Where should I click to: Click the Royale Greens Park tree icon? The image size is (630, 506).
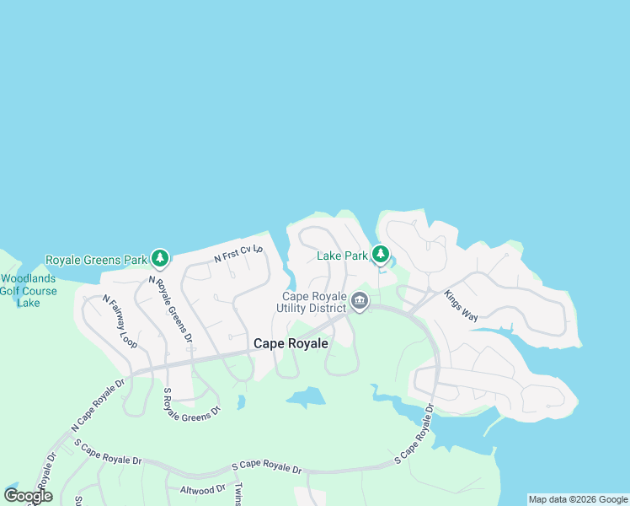coord(160,259)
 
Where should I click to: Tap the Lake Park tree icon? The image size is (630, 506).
coord(381,254)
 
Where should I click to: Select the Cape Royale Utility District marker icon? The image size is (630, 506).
coord(360,301)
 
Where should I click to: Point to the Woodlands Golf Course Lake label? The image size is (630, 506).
coord(29,291)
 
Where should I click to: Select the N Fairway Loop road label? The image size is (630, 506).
coord(120,321)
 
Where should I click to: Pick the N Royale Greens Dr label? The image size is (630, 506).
coord(170,308)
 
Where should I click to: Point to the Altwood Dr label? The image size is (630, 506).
coord(203,489)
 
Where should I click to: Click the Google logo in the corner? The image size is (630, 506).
coord(29,496)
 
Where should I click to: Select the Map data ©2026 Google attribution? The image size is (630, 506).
coord(578,500)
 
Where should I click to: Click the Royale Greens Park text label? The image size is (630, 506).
coord(96,260)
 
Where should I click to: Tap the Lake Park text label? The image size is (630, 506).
coord(343,256)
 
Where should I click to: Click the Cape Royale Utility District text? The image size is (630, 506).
coord(314,302)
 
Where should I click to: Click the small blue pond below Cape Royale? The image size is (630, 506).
coord(307,397)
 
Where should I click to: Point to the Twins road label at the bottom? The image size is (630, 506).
coord(238,493)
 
